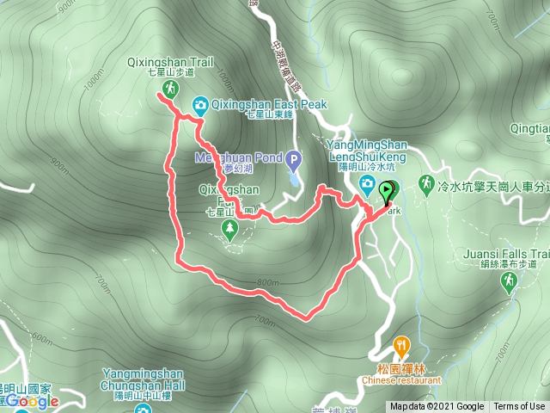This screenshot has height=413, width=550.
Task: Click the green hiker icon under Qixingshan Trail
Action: click(x=168, y=89)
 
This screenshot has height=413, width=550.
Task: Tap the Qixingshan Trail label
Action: click(x=180, y=62)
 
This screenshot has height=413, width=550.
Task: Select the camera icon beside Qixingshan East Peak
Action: click(x=200, y=105)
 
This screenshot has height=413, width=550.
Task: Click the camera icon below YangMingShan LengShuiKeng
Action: click(x=366, y=183)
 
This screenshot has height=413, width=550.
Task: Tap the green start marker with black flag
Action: click(x=388, y=191)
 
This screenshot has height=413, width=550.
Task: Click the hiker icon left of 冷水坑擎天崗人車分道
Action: click(x=425, y=182)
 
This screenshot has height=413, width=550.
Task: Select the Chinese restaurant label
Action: click(x=401, y=379)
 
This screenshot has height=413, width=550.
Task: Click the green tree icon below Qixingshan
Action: click(x=229, y=228)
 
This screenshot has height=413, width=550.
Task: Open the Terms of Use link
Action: click(x=519, y=407)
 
